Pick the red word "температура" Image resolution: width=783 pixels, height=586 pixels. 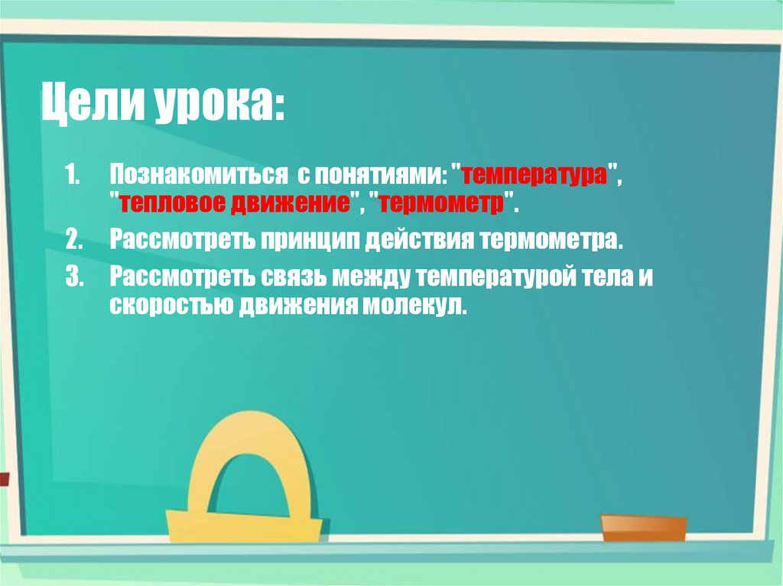tap(539, 173)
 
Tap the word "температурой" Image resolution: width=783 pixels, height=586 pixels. tap(501, 277)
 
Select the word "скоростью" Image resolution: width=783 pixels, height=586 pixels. tap(171, 307)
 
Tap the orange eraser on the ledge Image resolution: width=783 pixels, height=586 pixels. tap(643, 528)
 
